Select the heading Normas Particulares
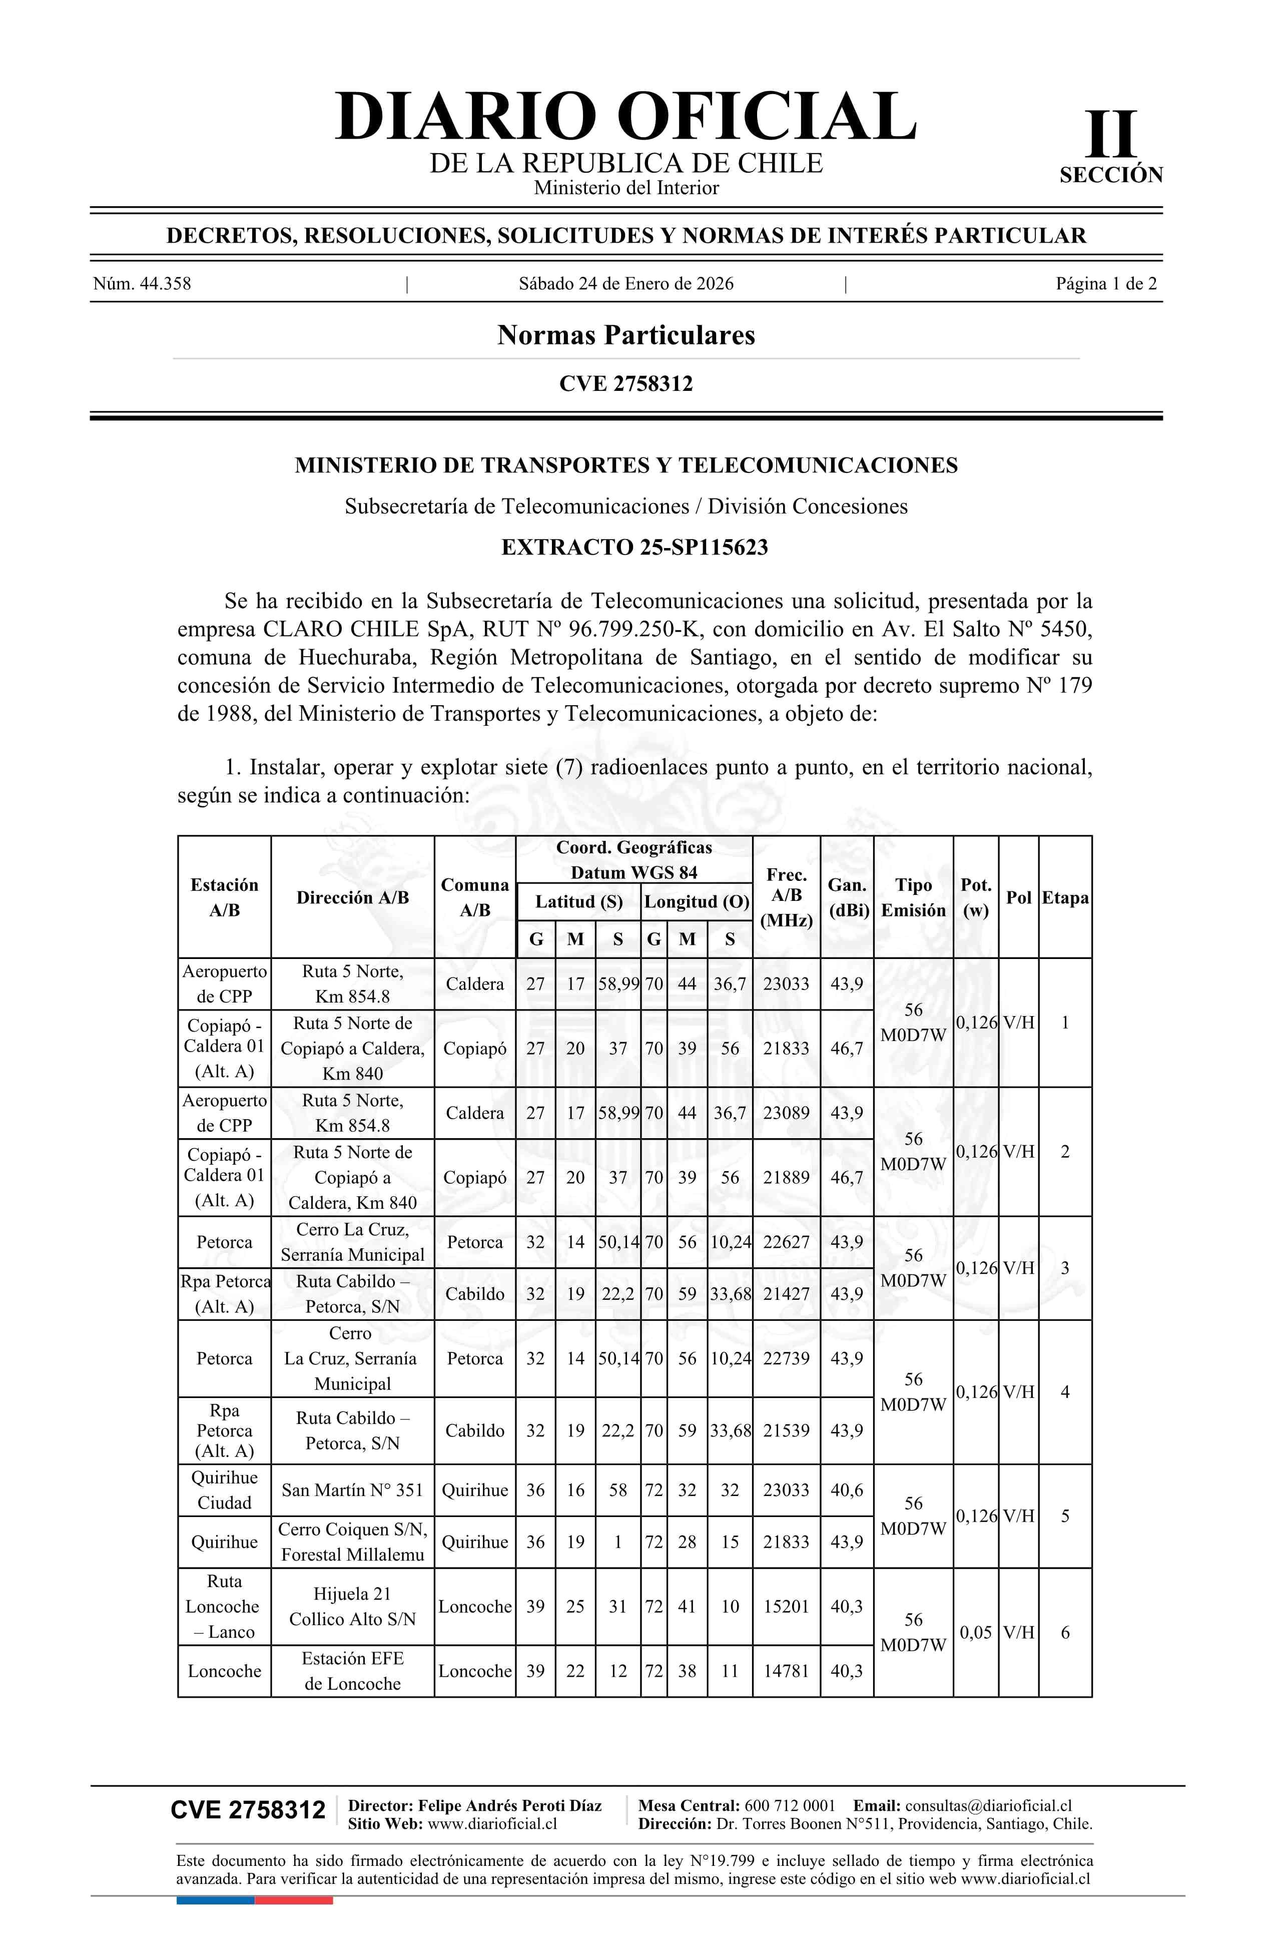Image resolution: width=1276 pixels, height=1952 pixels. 625,335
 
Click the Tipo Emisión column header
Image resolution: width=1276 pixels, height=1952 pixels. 913,897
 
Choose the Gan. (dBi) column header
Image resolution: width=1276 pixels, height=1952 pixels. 847,897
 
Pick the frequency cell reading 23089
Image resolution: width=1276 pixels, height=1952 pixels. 786,1113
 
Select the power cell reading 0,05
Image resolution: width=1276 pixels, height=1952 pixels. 975,1632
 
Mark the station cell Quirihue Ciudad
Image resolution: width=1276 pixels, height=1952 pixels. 224,1490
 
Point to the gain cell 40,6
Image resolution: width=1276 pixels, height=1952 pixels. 846,1490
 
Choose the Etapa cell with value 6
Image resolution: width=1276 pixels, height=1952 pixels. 1064,1632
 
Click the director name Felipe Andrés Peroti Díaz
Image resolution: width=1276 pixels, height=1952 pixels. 509,1805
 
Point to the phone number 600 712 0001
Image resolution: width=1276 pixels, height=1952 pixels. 790,1805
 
